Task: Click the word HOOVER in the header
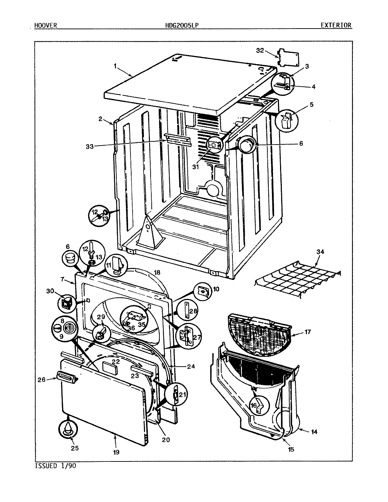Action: pos(46,25)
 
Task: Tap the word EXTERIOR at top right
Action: pos(336,25)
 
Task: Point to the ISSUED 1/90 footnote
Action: pos(55,466)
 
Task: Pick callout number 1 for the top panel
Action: pos(115,66)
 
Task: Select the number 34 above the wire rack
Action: pos(320,252)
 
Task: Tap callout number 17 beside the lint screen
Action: pos(308,332)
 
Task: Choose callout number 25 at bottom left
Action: pos(74,448)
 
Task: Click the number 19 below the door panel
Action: pos(116,452)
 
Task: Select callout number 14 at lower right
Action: pos(314,431)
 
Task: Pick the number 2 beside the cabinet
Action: pos(100,119)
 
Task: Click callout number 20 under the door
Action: pos(166,439)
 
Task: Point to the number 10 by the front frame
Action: pos(216,289)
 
